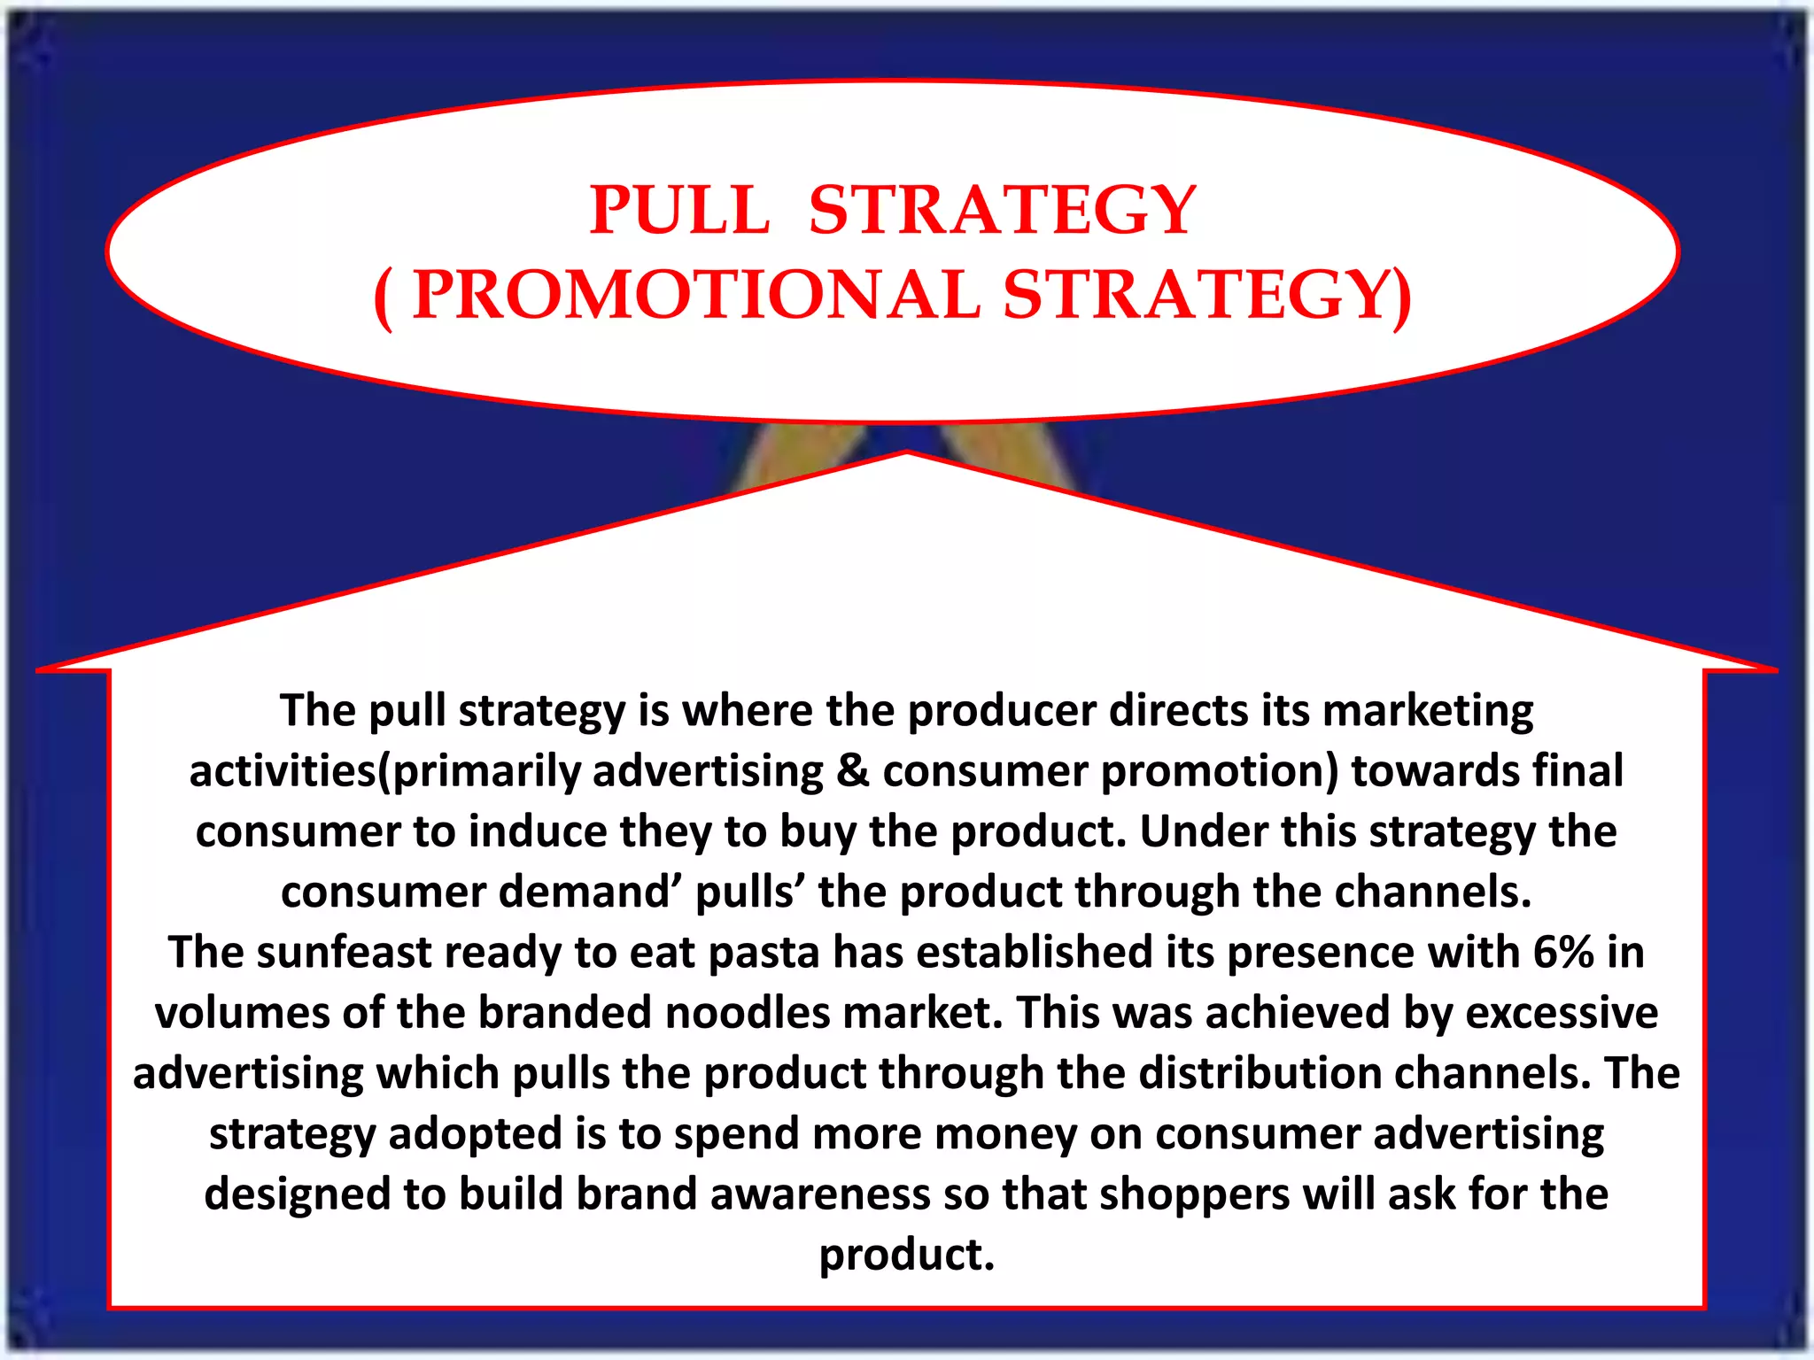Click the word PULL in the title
pos(680,211)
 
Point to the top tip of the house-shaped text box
pos(907,453)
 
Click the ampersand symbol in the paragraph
pos(852,770)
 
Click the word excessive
pos(1562,1013)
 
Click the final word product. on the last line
pos(907,1255)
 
